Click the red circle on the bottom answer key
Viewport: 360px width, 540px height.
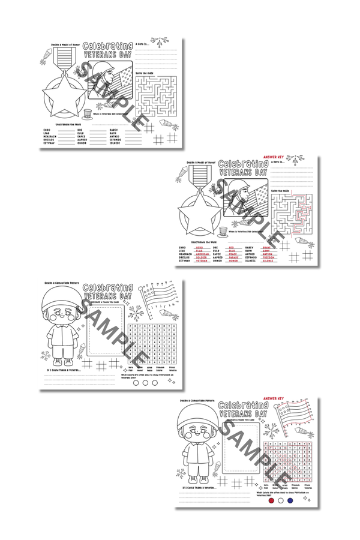tap(271, 500)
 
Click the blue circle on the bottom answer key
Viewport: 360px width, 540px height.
tap(290, 500)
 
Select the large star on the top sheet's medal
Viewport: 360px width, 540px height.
tap(62, 100)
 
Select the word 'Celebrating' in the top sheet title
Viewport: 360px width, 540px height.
tap(108, 46)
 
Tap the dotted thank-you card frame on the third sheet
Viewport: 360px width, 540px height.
tap(104, 333)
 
